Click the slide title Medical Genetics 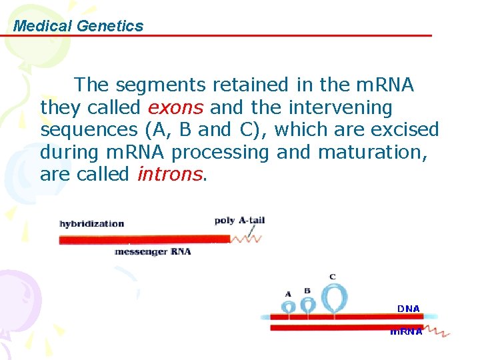(78, 26)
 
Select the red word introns (169, 175)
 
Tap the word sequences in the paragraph (86, 129)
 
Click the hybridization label (92, 223)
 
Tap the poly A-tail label (239, 221)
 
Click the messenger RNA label (153, 251)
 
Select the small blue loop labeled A (289, 306)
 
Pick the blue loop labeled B (307, 304)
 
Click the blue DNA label (408, 309)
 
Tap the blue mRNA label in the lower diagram (405, 331)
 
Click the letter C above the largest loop (333, 277)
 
